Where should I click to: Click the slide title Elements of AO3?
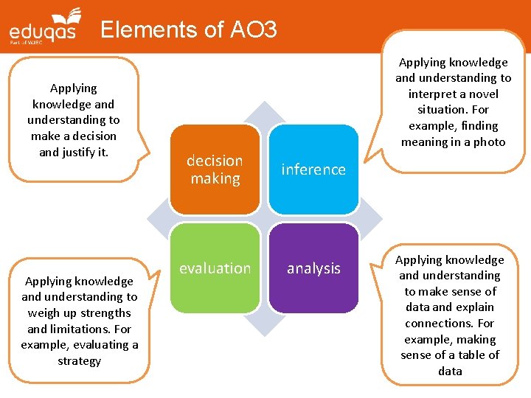coord(188,29)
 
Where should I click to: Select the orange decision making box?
coord(215,170)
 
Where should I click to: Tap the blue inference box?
coord(313,170)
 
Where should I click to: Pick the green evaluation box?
coord(215,268)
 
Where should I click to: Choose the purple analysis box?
coord(313,268)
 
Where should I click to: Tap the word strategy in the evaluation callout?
coord(79,360)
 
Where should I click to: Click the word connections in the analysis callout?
coord(450,323)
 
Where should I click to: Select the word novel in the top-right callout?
coord(482,94)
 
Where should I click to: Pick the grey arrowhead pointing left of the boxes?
coord(156,219)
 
